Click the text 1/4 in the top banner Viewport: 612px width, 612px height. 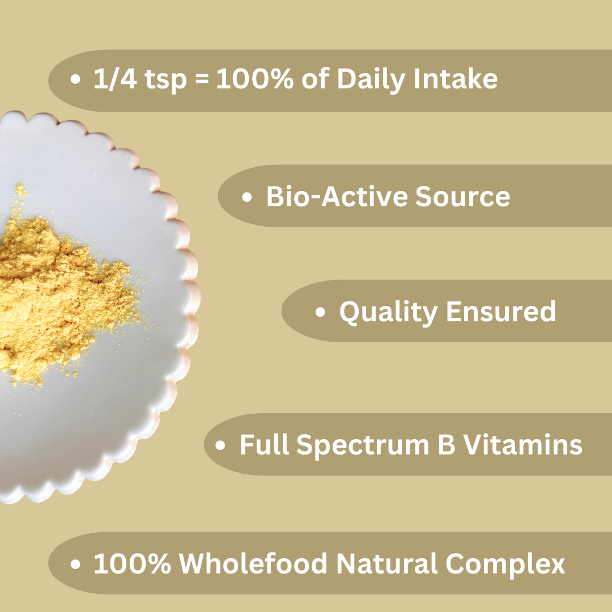click(x=115, y=79)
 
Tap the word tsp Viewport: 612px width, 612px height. click(x=165, y=81)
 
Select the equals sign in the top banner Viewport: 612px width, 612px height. click(x=201, y=80)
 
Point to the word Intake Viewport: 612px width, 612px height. click(x=456, y=78)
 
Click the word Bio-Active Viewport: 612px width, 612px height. click(x=337, y=196)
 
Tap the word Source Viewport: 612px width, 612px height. click(x=462, y=196)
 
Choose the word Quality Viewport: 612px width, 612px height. click(x=388, y=313)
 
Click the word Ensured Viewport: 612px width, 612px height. click(x=501, y=311)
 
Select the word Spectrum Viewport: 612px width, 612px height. click(x=363, y=446)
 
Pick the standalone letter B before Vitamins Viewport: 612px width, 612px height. click(x=447, y=444)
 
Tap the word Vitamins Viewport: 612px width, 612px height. click(x=522, y=444)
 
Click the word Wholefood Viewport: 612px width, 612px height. click(x=253, y=563)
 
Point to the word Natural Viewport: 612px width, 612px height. click(x=386, y=563)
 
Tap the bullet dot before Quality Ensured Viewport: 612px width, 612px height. click(x=320, y=312)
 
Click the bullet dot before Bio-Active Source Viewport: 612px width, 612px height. click(x=246, y=197)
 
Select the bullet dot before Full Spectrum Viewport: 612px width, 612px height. click(x=220, y=445)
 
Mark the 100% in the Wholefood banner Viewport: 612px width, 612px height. click(x=132, y=563)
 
